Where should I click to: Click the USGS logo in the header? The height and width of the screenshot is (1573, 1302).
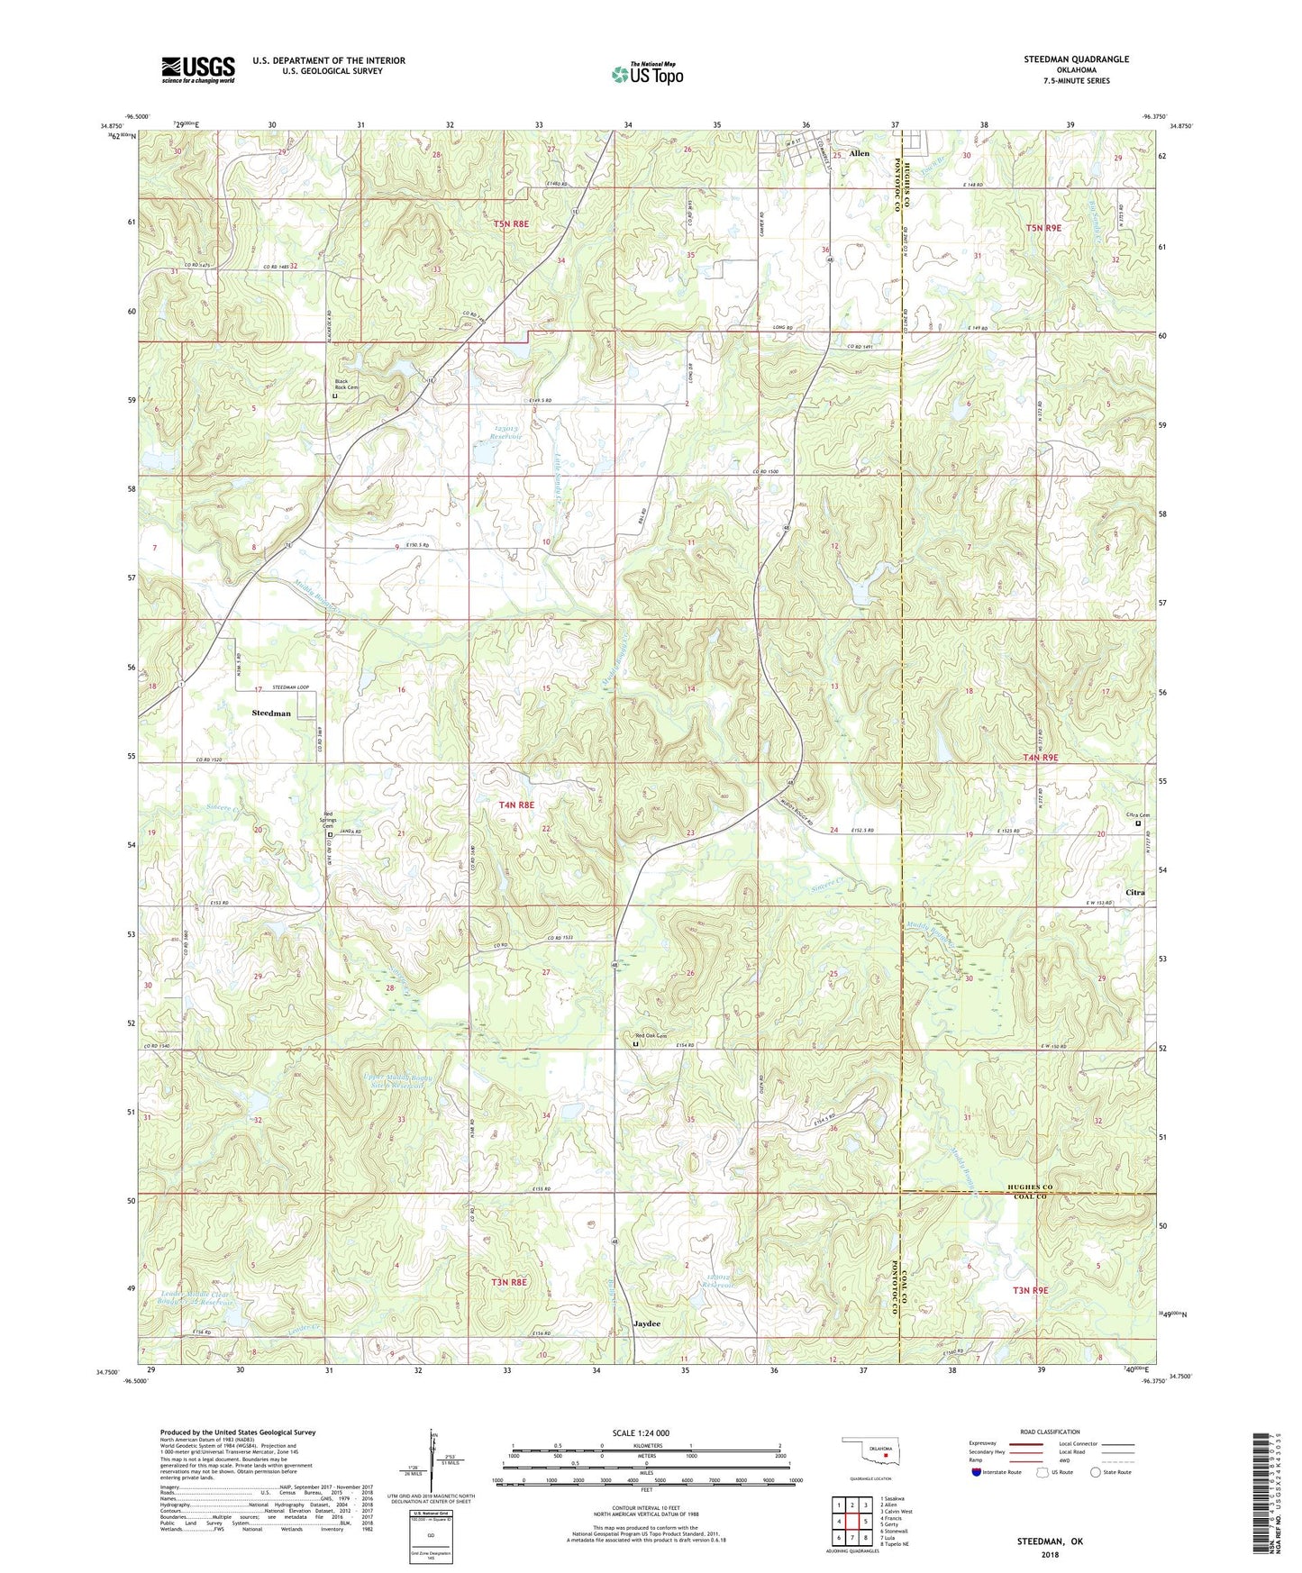[x=198, y=68]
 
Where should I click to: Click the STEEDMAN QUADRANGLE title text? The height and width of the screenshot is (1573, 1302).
[x=1076, y=59]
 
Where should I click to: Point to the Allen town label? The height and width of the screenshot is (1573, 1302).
[x=860, y=154]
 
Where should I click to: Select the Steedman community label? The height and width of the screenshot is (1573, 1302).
[x=271, y=713]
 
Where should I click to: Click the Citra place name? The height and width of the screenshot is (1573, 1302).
[x=1134, y=893]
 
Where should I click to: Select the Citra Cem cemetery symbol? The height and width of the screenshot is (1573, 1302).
[x=1138, y=823]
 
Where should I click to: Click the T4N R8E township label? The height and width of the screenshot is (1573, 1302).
[x=516, y=805]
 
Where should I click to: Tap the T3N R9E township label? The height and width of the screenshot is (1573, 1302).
[x=1030, y=1290]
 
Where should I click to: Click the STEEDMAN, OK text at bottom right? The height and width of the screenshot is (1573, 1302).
[x=1050, y=1541]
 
